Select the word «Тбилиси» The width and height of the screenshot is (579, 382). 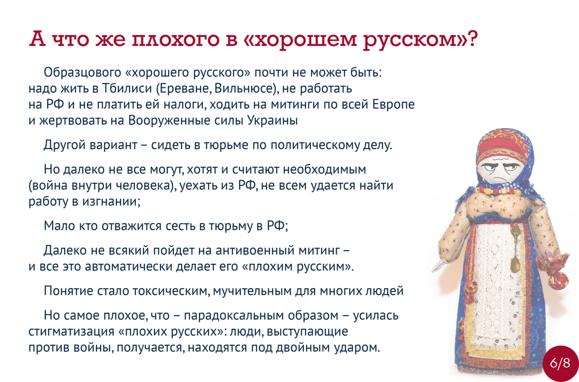[127, 88]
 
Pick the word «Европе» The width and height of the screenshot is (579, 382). [393, 105]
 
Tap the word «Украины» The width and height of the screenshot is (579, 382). [273, 121]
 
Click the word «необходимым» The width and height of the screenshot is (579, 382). [324, 169]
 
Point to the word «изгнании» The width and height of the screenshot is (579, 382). [112, 202]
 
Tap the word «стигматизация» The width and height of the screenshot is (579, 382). [71, 331]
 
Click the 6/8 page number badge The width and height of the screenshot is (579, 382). [560, 363]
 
